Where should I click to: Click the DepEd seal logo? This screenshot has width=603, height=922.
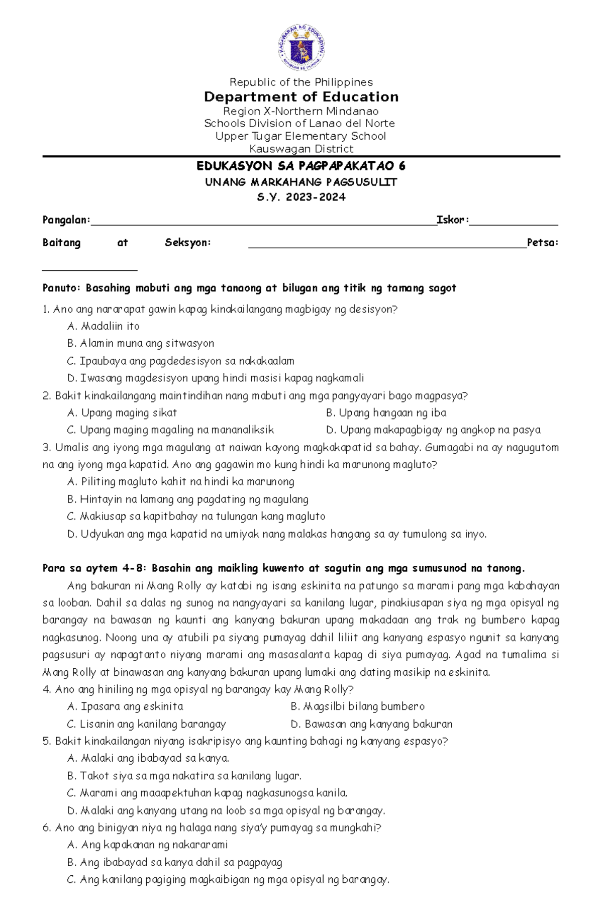(x=301, y=48)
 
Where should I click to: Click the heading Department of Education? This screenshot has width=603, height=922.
(x=301, y=97)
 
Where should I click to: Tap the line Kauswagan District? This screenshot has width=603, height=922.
(x=301, y=149)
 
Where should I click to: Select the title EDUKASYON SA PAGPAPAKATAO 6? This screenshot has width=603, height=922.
(x=301, y=166)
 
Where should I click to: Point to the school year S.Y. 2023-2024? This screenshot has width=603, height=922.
(x=301, y=197)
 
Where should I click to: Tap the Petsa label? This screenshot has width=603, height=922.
(x=542, y=243)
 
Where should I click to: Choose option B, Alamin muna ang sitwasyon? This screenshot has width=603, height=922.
(x=141, y=343)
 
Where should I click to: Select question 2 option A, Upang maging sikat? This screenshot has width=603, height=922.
(x=122, y=413)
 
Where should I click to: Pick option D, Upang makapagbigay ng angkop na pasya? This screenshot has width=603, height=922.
(x=433, y=430)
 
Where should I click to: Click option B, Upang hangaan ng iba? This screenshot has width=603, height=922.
(x=386, y=413)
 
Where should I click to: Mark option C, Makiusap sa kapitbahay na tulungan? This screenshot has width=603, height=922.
(x=196, y=517)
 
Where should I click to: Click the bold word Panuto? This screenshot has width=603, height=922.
(x=61, y=288)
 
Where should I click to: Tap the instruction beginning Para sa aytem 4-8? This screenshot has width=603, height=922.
(x=283, y=568)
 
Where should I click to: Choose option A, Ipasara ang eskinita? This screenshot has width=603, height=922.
(x=125, y=706)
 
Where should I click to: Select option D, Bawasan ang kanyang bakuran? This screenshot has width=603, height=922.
(x=371, y=724)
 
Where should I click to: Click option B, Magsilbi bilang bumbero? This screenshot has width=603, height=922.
(x=357, y=706)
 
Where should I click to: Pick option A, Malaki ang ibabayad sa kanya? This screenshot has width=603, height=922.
(x=148, y=758)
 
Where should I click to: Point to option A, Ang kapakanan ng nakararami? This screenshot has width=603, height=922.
(x=147, y=845)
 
